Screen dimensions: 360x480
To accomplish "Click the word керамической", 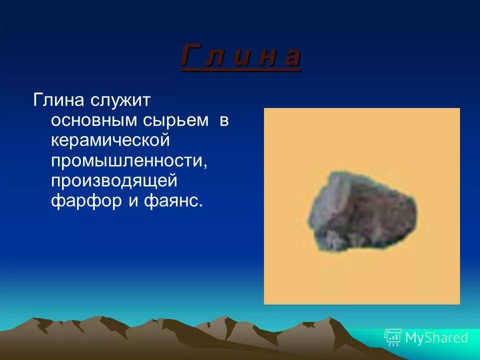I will click(x=110, y=140).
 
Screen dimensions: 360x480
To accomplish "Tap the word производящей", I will click(x=114, y=181).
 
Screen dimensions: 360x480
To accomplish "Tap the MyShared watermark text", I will click(x=436, y=338).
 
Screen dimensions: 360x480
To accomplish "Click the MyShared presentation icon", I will click(x=393, y=337).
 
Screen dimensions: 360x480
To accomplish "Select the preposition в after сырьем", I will click(x=223, y=120).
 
